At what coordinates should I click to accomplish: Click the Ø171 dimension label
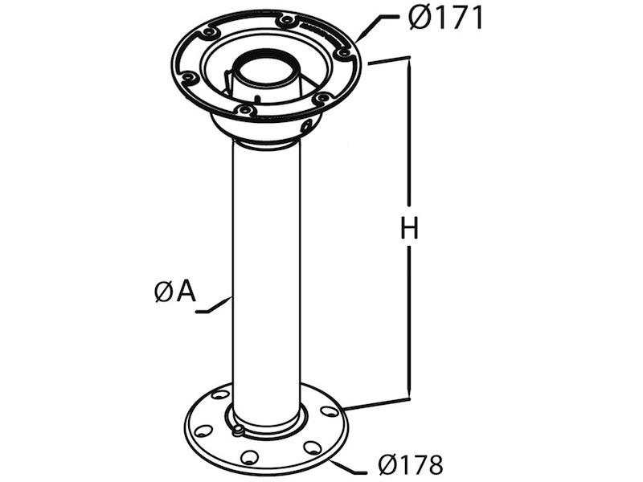[444, 18]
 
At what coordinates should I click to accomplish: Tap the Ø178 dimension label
[410, 464]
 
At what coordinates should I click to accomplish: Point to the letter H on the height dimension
[410, 229]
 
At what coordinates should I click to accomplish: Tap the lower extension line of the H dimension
[378, 403]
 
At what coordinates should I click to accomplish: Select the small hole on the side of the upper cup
[306, 125]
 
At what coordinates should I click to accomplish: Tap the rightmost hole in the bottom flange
[329, 411]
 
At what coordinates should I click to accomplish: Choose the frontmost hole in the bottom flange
[250, 457]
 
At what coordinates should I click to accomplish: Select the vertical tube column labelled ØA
[266, 281]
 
